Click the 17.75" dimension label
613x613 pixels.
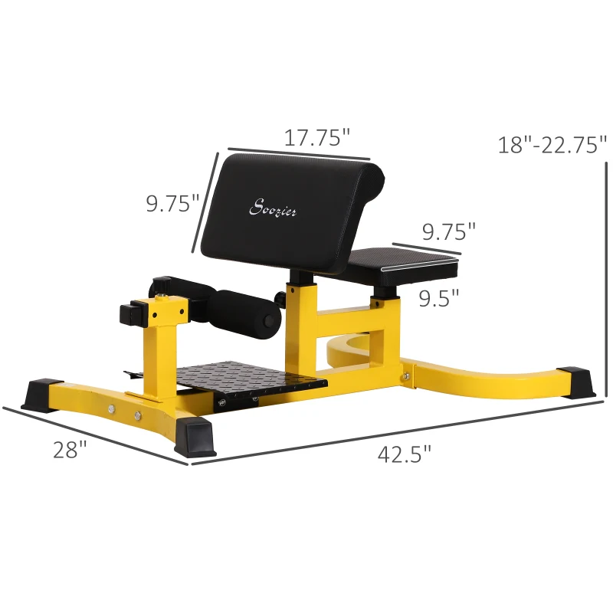(x=317, y=138)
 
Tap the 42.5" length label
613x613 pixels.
(x=405, y=454)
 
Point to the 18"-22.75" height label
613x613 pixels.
(x=552, y=144)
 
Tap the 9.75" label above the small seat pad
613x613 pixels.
(x=448, y=231)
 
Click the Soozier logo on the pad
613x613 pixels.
(x=274, y=208)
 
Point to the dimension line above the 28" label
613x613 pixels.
(x=96, y=434)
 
